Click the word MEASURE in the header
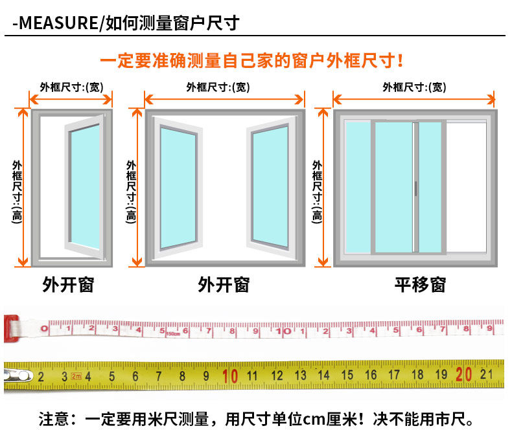click(58, 24)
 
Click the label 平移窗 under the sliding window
click(420, 284)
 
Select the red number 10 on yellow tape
click(229, 375)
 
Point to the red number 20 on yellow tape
click(463, 374)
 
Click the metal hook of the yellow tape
click(17, 375)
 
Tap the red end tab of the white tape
click(10, 328)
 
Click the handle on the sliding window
click(415, 188)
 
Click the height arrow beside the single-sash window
click(24, 187)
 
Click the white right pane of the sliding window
click(466, 186)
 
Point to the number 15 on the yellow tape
click(347, 375)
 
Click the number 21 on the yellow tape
click(487, 374)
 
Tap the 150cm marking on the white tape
click(172, 334)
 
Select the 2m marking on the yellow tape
click(76, 376)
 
